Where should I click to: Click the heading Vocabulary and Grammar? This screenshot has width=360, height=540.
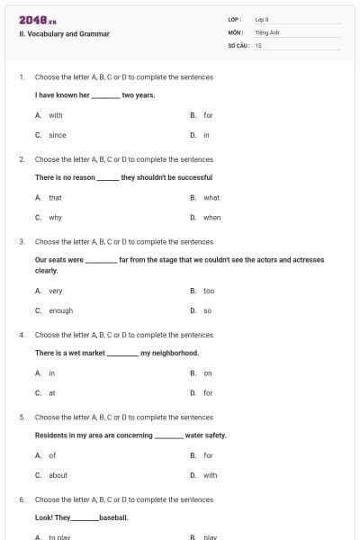pyautogui.click(x=65, y=34)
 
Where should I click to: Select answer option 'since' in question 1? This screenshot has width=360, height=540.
pyautogui.click(x=57, y=135)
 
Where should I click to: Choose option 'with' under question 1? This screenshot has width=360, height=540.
pyautogui.click(x=56, y=115)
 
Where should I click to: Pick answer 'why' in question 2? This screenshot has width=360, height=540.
pyautogui.click(x=55, y=217)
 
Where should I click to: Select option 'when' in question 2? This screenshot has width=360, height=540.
pyautogui.click(x=211, y=217)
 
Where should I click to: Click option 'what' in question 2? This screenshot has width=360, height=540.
pyautogui.click(x=211, y=197)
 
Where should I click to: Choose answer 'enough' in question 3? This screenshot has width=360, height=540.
pyautogui.click(x=60, y=310)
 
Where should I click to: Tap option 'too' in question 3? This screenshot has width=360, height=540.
pyautogui.click(x=209, y=291)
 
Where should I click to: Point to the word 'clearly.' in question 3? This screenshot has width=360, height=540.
pyautogui.click(x=46, y=270)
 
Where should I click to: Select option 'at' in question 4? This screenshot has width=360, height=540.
pyautogui.click(x=51, y=392)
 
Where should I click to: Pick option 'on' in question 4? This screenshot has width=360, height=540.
pyautogui.click(x=208, y=373)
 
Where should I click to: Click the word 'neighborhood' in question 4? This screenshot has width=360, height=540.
pyautogui.click(x=171, y=353)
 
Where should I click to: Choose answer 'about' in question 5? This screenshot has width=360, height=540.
pyautogui.click(x=58, y=475)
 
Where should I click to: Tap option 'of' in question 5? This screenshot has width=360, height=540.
pyautogui.click(x=52, y=455)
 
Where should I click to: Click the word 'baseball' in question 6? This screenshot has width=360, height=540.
pyautogui.click(x=113, y=517)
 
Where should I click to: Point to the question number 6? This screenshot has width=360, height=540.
pyautogui.click(x=21, y=499)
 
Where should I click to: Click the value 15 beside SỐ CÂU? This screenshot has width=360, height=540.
pyautogui.click(x=258, y=44)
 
